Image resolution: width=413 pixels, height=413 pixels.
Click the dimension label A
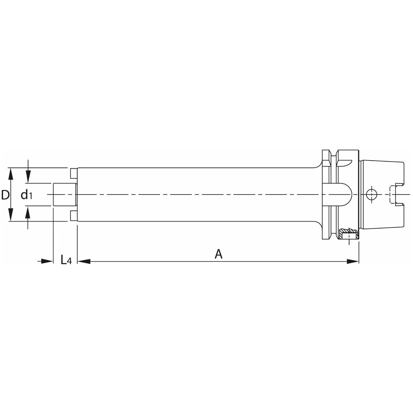pos(219,254)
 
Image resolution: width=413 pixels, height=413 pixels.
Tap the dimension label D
pos(5,195)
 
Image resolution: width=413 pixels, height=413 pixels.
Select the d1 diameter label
pos(27,195)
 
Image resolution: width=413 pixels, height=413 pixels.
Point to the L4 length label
pos(66,260)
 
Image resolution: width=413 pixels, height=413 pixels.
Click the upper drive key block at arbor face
pos(73,173)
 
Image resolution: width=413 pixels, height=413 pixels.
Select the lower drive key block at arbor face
pos(73,216)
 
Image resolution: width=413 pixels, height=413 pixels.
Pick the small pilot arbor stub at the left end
pos(64,194)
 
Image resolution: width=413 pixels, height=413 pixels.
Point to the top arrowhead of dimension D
pos(11,174)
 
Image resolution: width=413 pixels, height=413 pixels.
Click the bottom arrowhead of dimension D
pos(11,216)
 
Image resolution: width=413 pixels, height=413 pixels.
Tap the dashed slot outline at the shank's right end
pos(391,195)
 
